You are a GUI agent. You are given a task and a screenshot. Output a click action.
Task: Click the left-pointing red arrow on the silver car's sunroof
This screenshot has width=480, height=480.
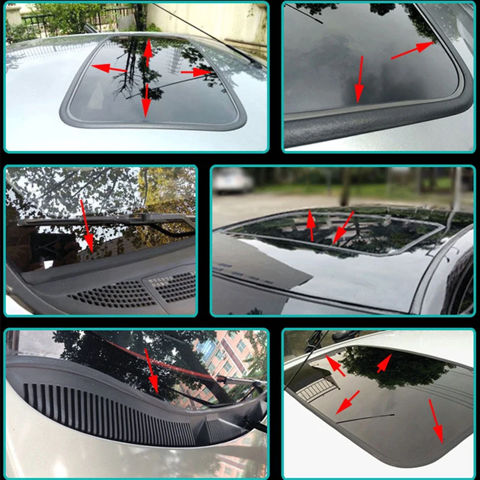point(109,69)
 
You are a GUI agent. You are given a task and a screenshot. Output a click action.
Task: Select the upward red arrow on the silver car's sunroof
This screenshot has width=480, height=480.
point(148,53)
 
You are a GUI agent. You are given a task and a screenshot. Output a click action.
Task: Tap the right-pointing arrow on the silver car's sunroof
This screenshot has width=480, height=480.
point(196,72)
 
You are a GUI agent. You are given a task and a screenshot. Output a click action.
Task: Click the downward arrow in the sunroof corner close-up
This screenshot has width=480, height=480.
point(360,78)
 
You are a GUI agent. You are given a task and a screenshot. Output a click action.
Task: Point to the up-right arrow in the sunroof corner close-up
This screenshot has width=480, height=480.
point(412,50)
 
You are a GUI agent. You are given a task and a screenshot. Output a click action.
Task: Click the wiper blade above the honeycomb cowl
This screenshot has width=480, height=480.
point(108,220)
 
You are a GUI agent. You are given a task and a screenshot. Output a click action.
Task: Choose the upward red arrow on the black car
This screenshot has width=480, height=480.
point(310,225)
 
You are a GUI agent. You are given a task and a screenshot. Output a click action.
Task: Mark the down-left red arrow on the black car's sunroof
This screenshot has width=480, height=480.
point(343,229)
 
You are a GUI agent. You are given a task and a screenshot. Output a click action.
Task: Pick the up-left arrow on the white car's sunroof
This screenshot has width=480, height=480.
point(335,365)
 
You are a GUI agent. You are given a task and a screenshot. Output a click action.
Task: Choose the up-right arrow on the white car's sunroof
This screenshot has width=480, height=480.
point(384,363)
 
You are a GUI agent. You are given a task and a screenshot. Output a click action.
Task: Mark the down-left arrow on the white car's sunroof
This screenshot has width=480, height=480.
point(347,402)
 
